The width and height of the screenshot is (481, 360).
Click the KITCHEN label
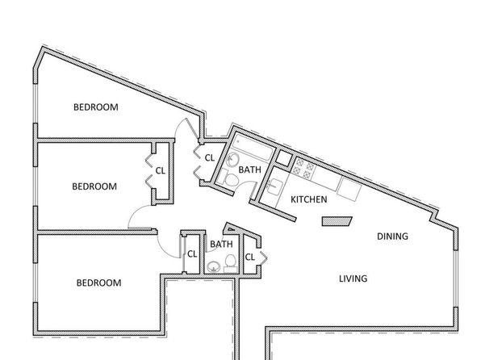[308, 199]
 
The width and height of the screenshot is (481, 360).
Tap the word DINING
[392, 237]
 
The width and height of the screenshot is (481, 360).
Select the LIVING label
[353, 278]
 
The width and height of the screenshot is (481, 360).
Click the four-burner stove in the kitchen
[303, 169]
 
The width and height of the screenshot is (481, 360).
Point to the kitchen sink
[274, 187]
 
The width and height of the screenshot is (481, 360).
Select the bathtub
[252, 149]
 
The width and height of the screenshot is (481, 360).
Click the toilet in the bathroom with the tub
[228, 178]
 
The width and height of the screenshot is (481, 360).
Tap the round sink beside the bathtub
[233, 160]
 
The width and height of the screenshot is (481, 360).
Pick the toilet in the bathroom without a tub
[230, 263]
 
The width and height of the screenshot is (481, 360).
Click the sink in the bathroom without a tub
[214, 267]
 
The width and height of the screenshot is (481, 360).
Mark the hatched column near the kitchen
[337, 221]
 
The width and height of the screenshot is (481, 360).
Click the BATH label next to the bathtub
[249, 170]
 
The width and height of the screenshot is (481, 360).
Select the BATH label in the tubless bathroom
[221, 245]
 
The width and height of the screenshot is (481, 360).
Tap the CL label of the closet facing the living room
[250, 257]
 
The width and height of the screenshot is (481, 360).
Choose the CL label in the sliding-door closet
[192, 254]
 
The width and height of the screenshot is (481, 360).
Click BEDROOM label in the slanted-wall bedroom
[96, 107]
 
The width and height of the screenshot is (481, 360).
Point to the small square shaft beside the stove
[284, 158]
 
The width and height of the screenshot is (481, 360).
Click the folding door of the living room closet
[263, 257]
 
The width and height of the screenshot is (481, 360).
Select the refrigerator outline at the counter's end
[349, 189]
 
